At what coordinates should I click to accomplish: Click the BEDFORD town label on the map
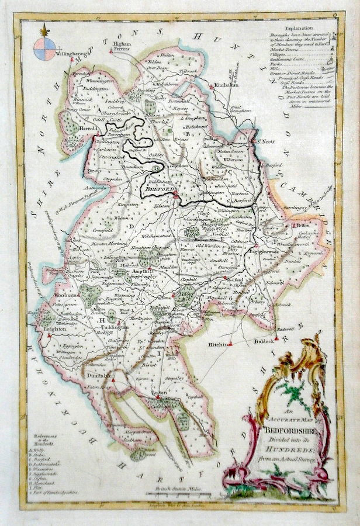click(158, 191)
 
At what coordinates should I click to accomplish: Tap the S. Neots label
click(263, 141)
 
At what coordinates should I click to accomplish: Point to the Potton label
click(302, 224)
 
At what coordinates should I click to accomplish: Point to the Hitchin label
click(217, 345)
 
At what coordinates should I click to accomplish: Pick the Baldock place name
click(264, 341)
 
